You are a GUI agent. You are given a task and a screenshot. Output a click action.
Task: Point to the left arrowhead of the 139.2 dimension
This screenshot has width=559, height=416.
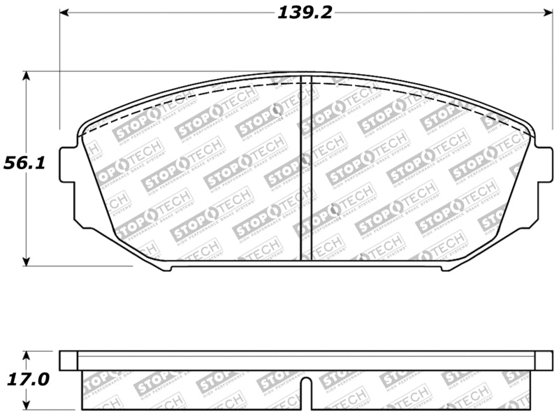pos(64,13)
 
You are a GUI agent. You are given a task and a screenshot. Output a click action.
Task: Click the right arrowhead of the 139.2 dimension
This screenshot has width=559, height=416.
pos(547,13)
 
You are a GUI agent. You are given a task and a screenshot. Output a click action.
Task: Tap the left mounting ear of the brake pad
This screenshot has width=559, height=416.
pos(67,164)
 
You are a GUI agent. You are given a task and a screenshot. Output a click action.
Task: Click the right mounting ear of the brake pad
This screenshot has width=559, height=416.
pos(543,164)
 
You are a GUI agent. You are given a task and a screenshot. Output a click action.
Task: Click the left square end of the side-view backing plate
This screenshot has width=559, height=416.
pos(68,360)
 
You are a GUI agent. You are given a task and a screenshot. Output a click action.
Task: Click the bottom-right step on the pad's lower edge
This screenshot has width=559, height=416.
pos(443,267)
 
